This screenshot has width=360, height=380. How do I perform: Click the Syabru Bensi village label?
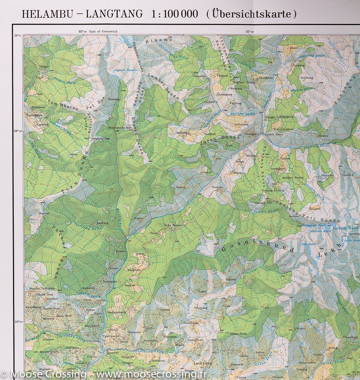click(x=274, y=134)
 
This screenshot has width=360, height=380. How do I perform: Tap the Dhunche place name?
click(x=217, y=187)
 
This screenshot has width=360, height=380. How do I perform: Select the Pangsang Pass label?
click(x=101, y=139)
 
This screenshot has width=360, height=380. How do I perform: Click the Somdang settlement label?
click(x=113, y=99)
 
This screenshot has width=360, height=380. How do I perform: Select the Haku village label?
click(x=180, y=187)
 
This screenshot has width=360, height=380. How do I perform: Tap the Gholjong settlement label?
click(x=243, y=124)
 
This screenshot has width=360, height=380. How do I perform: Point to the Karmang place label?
click(x=102, y=223)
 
